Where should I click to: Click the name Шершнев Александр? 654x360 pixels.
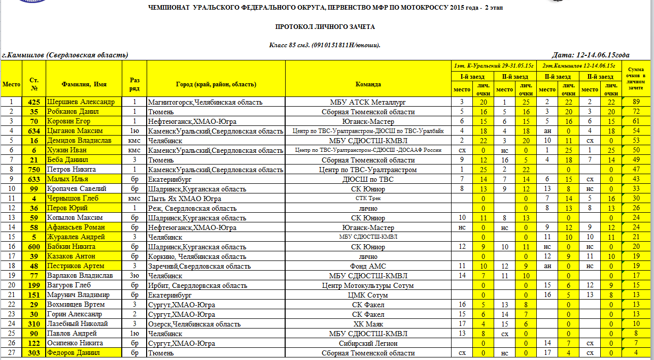click(81, 102)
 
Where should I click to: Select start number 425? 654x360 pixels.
click(34, 102)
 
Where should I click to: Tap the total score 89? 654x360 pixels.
click(635, 102)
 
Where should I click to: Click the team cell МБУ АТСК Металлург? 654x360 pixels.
click(368, 102)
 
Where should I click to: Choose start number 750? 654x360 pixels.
click(34, 170)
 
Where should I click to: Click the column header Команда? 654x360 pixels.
click(368, 84)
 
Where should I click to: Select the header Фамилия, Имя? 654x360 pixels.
click(84, 84)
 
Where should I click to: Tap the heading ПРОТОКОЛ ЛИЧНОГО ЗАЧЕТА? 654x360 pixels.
click(325, 26)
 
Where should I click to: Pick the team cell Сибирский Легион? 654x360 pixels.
click(368, 343)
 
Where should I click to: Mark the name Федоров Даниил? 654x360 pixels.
click(74, 353)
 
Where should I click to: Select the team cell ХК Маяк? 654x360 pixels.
click(368, 324)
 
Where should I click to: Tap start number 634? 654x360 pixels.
click(34, 131)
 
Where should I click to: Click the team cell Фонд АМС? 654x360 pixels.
click(368, 266)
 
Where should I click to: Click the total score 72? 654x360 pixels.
click(635, 112)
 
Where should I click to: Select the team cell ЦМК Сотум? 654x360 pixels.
click(368, 295)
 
